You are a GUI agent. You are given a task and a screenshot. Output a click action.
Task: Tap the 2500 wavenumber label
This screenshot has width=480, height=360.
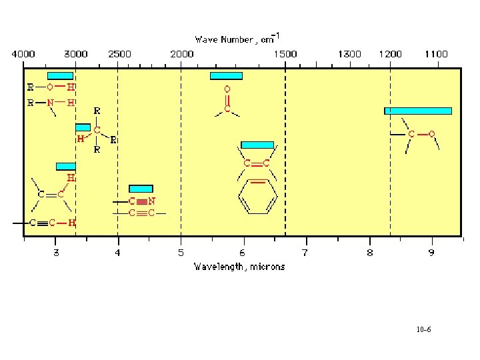120,53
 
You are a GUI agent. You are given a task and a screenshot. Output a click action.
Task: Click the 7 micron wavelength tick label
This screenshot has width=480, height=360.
305,253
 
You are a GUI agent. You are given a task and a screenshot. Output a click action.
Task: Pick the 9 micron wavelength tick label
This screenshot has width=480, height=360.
431,253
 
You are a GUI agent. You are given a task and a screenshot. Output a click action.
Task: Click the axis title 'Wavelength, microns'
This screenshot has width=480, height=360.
239,267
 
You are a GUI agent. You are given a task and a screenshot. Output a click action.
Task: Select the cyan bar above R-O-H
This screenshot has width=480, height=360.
60,75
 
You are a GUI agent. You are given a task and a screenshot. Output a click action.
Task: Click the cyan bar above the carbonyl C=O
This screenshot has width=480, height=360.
226,75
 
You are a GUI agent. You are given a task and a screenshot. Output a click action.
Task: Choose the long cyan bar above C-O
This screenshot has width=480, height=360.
418,111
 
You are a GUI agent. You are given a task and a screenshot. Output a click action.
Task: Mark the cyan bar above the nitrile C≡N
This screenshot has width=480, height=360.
141,189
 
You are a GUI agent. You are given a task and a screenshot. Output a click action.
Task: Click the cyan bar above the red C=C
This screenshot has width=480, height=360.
257,145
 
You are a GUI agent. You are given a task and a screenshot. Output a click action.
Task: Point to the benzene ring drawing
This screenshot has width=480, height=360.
256,196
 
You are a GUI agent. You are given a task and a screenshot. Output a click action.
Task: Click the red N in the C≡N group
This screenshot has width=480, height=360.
152,201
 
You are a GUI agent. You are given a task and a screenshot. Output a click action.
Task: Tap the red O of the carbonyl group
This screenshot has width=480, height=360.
227,89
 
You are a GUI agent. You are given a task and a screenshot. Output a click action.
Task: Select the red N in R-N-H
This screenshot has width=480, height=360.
50,103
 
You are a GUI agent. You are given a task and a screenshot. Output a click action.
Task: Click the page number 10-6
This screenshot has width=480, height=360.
423,330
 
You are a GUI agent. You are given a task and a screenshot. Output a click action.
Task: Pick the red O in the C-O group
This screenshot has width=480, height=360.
431,134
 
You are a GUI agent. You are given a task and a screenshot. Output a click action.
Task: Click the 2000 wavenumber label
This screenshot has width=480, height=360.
181,53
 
